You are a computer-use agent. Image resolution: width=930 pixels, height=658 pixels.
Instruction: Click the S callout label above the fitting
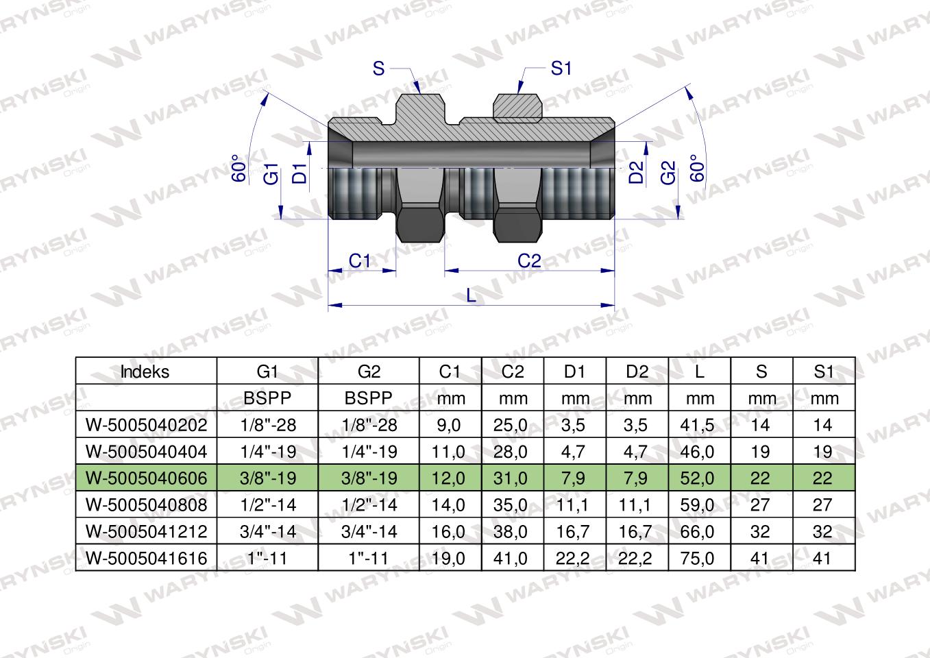[379, 69]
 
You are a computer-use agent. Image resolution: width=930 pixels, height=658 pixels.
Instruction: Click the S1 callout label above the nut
[561, 69]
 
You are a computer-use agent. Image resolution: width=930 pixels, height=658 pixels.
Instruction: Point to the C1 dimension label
[360, 261]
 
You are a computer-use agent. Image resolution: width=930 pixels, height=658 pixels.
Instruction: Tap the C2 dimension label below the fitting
[529, 261]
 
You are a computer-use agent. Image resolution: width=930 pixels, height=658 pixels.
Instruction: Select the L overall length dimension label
[471, 295]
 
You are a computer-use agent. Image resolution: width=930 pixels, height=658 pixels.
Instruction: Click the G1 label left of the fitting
[271, 173]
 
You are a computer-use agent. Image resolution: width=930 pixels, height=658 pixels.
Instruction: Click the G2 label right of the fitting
[668, 173]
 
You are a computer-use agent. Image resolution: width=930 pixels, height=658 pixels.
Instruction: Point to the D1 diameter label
[299, 173]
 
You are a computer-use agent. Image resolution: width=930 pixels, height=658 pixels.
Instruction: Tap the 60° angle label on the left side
[238, 169]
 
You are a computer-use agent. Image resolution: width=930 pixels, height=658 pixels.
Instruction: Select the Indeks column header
[145, 371]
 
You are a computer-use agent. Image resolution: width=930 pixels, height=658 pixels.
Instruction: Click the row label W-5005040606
[146, 478]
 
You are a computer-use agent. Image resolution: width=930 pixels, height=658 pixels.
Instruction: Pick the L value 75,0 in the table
[699, 559]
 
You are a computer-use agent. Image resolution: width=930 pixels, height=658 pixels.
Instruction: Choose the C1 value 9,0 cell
[450, 425]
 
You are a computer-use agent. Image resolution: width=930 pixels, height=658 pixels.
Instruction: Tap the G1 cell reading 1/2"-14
[267, 505]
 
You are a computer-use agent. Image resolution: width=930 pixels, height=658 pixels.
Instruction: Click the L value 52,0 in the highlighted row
[699, 478]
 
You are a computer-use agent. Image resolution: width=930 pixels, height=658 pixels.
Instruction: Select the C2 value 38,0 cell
[512, 532]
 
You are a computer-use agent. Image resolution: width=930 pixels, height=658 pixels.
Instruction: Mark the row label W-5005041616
[146, 559]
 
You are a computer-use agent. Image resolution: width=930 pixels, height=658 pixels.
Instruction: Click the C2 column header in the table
[512, 371]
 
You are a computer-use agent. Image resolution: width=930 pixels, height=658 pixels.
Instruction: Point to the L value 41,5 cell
[699, 425]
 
